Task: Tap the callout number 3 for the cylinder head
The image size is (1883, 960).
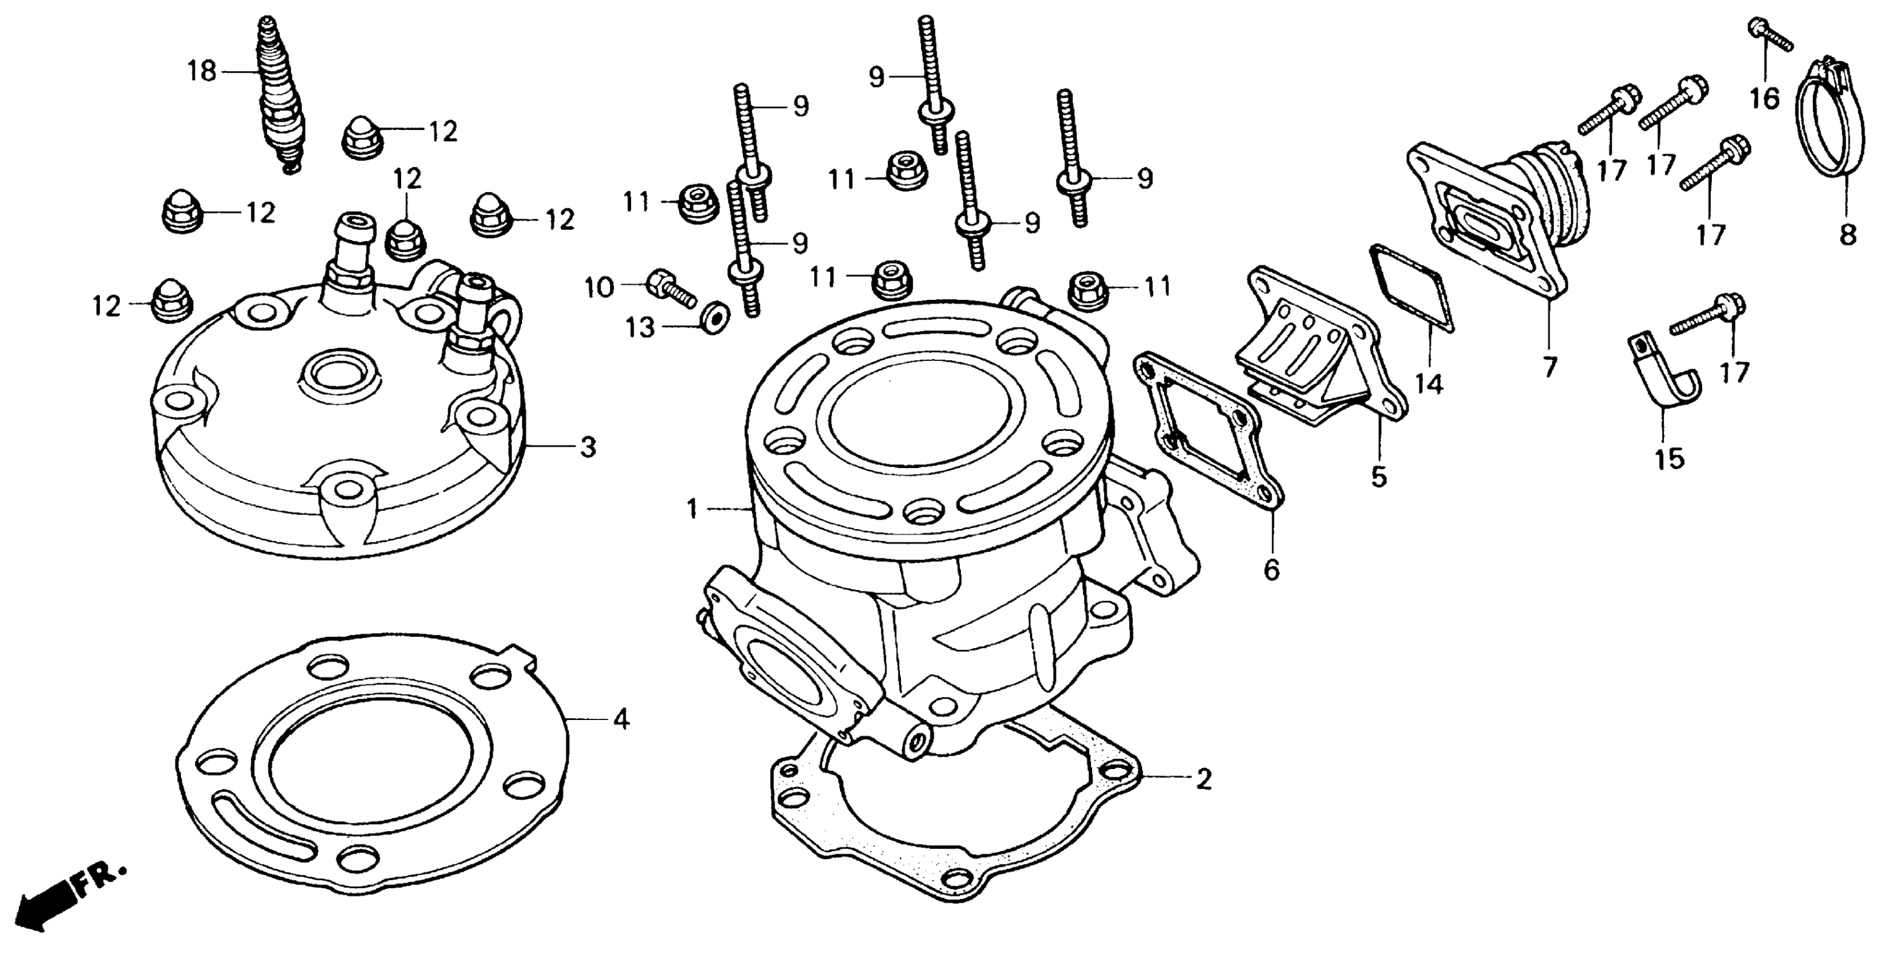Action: (588, 447)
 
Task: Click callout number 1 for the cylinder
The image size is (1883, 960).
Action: (693, 509)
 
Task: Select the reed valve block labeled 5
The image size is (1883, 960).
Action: (1316, 351)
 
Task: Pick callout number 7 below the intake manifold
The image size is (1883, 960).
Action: (1550, 366)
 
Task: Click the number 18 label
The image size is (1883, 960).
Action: (202, 72)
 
